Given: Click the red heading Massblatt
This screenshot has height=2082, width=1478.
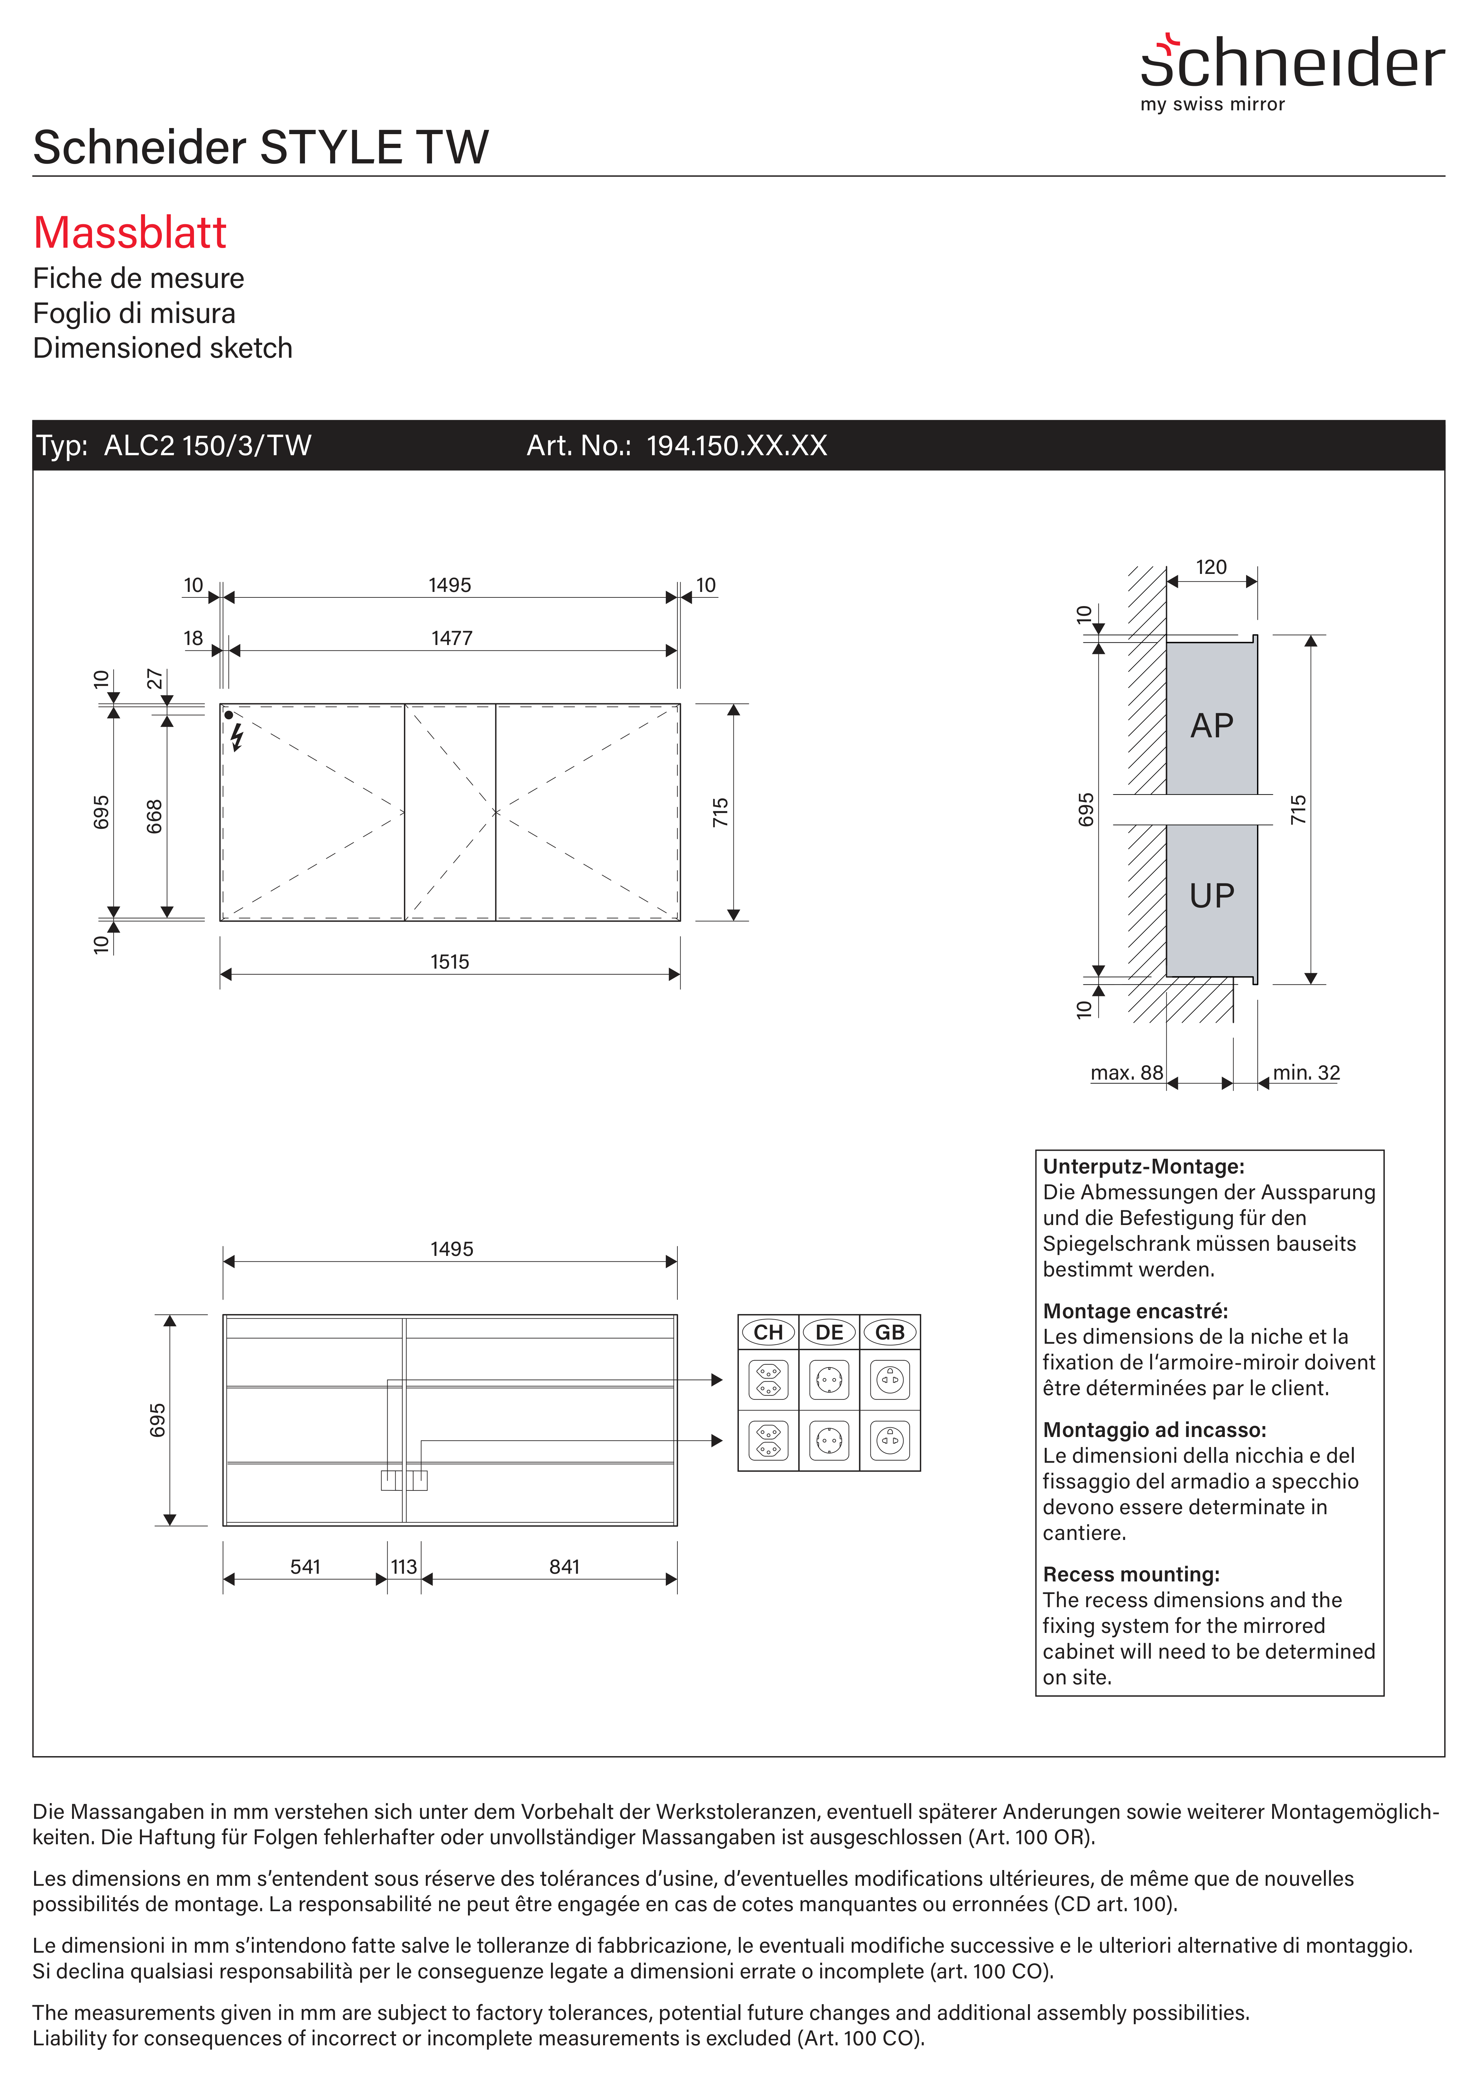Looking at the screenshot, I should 129,233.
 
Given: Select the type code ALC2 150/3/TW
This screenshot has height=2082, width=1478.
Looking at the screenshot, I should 207,446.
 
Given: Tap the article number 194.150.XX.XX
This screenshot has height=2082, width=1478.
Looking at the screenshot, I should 736,446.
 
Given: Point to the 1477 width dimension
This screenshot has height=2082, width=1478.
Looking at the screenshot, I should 451,638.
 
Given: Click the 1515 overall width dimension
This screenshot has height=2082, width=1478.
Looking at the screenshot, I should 450,962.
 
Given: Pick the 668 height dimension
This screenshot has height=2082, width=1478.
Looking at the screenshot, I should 155,816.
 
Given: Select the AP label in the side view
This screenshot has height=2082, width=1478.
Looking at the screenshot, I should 1211,726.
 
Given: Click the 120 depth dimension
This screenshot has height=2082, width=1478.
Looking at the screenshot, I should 1210,567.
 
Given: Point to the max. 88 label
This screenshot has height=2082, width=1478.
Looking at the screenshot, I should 1127,1073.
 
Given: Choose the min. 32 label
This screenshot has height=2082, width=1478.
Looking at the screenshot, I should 1306,1073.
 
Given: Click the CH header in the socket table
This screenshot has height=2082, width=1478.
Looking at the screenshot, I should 768,1332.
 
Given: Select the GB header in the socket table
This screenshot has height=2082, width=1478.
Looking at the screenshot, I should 889,1332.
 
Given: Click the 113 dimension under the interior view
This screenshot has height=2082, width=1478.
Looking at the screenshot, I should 404,1566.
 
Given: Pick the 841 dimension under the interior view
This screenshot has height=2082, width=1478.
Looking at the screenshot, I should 564,1566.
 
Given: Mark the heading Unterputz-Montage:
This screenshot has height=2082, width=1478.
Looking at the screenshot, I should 1143,1166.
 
